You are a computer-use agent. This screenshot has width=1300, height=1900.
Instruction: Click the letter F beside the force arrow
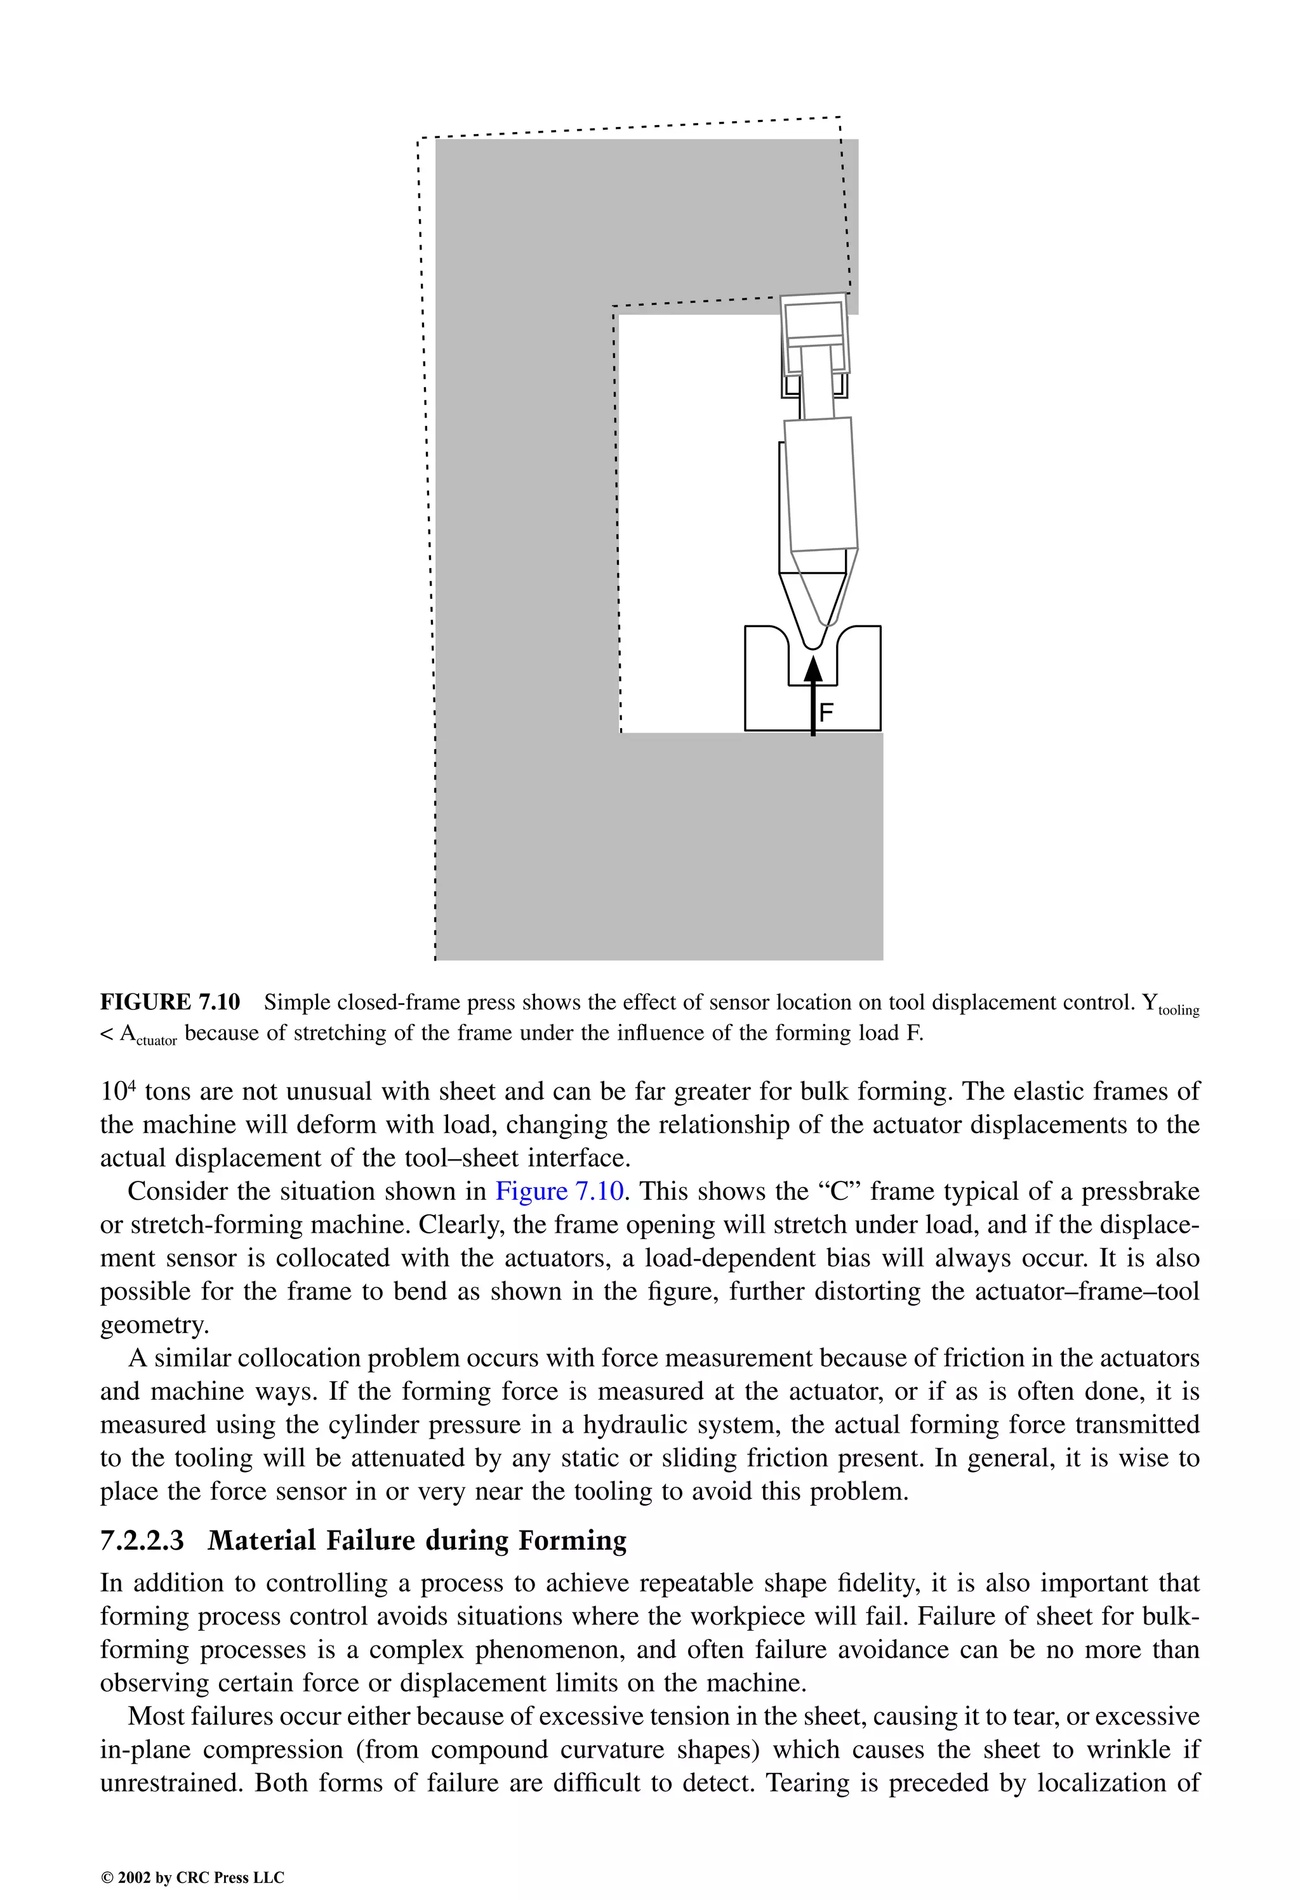[x=826, y=712]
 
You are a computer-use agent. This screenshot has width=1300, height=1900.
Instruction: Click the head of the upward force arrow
[x=812, y=668]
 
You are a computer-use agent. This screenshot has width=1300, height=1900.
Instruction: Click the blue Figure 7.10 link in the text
[x=559, y=1190]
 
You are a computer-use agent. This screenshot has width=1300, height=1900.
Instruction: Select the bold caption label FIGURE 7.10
[x=170, y=1002]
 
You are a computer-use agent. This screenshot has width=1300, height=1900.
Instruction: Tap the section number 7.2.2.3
[x=142, y=1540]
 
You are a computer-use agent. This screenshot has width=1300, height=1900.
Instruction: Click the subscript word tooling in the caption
[x=1178, y=1011]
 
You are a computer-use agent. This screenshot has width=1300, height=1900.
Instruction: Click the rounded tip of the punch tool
[x=812, y=645]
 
